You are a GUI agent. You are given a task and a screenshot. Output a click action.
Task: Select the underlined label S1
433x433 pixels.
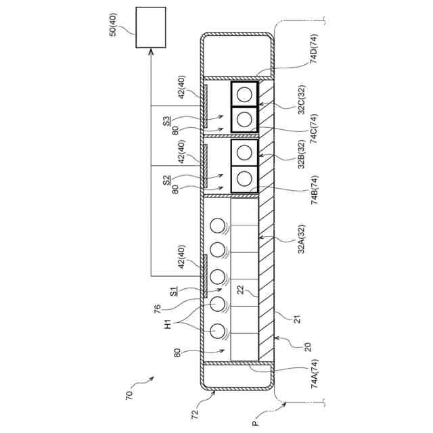tap(174, 291)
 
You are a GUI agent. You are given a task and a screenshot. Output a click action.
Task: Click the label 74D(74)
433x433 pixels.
tap(315, 49)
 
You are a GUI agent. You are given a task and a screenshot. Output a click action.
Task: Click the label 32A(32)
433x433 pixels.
tap(300, 240)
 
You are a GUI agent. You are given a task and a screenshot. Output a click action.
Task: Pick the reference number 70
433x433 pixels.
tap(130, 392)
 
